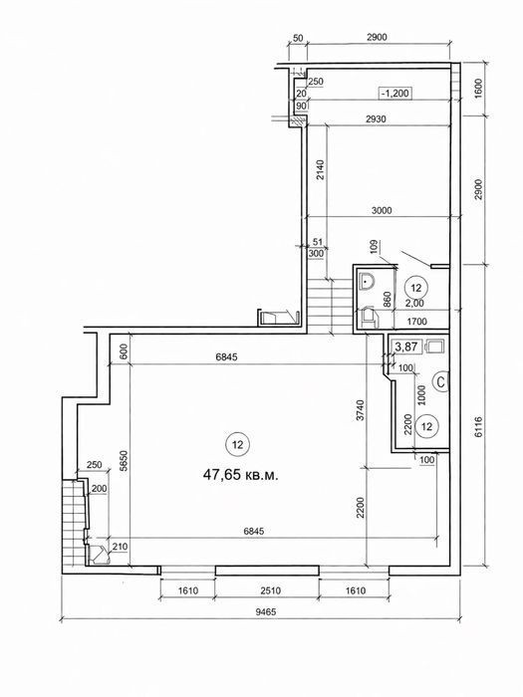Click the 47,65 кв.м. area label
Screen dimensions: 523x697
pos(241,475)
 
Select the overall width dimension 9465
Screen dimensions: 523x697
pos(266,612)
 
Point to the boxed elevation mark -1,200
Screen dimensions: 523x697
pos(394,94)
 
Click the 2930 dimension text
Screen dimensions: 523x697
pos(376,119)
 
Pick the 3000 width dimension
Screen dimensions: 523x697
pos(382,210)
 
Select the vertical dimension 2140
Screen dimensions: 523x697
pos(320,170)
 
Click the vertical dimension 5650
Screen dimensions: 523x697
pos(124,461)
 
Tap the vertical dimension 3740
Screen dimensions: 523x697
pos(360,410)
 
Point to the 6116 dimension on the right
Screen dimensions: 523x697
pos(478,427)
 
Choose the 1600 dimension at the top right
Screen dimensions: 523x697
pos(478,88)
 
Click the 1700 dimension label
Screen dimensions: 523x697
pos(416,321)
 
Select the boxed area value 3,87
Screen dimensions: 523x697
pos(406,347)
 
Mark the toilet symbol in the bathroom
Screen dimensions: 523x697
pos(369,317)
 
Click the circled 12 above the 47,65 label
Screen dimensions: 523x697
pos(237,444)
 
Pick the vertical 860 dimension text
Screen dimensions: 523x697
pos(387,300)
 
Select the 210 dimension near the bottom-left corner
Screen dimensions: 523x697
pos(121,547)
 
